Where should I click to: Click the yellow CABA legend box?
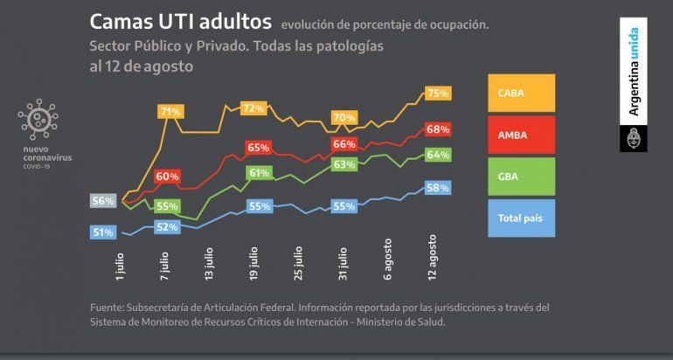tap(521, 93)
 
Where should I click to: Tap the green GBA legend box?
tap(521, 176)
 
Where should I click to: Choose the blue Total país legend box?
tap(521, 217)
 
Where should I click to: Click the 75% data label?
tap(438, 93)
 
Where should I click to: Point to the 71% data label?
tap(170, 111)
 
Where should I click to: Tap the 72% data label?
tap(253, 108)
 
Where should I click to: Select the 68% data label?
tap(438, 129)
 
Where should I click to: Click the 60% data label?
tap(167, 176)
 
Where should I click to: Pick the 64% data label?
tap(438, 155)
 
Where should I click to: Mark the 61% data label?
tap(259, 173)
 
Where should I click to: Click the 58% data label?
tap(438, 187)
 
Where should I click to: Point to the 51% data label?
tap(103, 232)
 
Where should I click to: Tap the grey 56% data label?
tap(103, 201)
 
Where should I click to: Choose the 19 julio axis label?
tap(253, 262)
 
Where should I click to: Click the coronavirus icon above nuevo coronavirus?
tap(36, 120)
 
